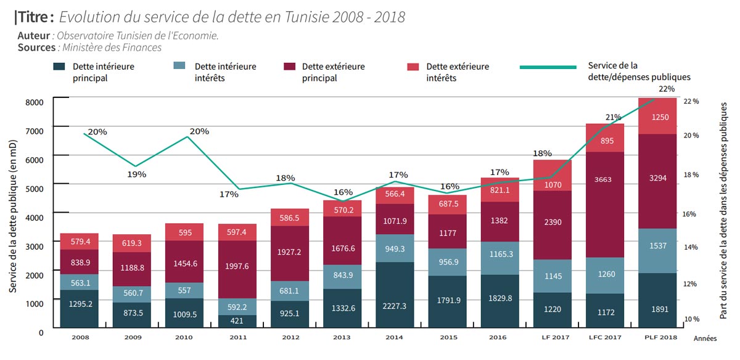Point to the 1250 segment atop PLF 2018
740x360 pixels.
click(660, 117)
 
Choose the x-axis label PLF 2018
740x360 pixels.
click(660, 338)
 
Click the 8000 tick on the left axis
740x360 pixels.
click(34, 102)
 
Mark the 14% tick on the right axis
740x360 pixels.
click(691, 247)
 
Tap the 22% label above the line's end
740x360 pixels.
click(666, 89)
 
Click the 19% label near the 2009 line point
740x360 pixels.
click(137, 174)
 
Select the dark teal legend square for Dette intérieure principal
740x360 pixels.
click(60, 67)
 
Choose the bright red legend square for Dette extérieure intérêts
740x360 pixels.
click(414, 67)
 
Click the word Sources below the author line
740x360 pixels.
click(36, 47)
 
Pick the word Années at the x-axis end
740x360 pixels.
click(705, 339)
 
